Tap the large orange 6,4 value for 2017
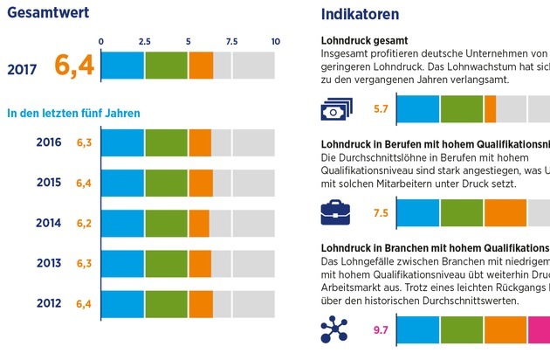point(74,66)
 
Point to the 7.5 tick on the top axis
point(232,41)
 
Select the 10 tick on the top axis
point(276,41)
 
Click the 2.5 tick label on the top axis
point(145,41)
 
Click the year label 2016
point(49,142)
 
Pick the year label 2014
point(49,223)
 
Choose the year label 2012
point(49,303)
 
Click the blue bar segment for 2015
point(123,183)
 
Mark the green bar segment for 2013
point(166,263)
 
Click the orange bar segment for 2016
point(200,142)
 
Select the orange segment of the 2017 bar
point(201,66)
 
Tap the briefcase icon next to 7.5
point(335,212)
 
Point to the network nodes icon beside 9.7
point(335,329)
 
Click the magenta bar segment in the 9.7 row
point(539,329)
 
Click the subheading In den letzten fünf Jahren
point(73,113)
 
